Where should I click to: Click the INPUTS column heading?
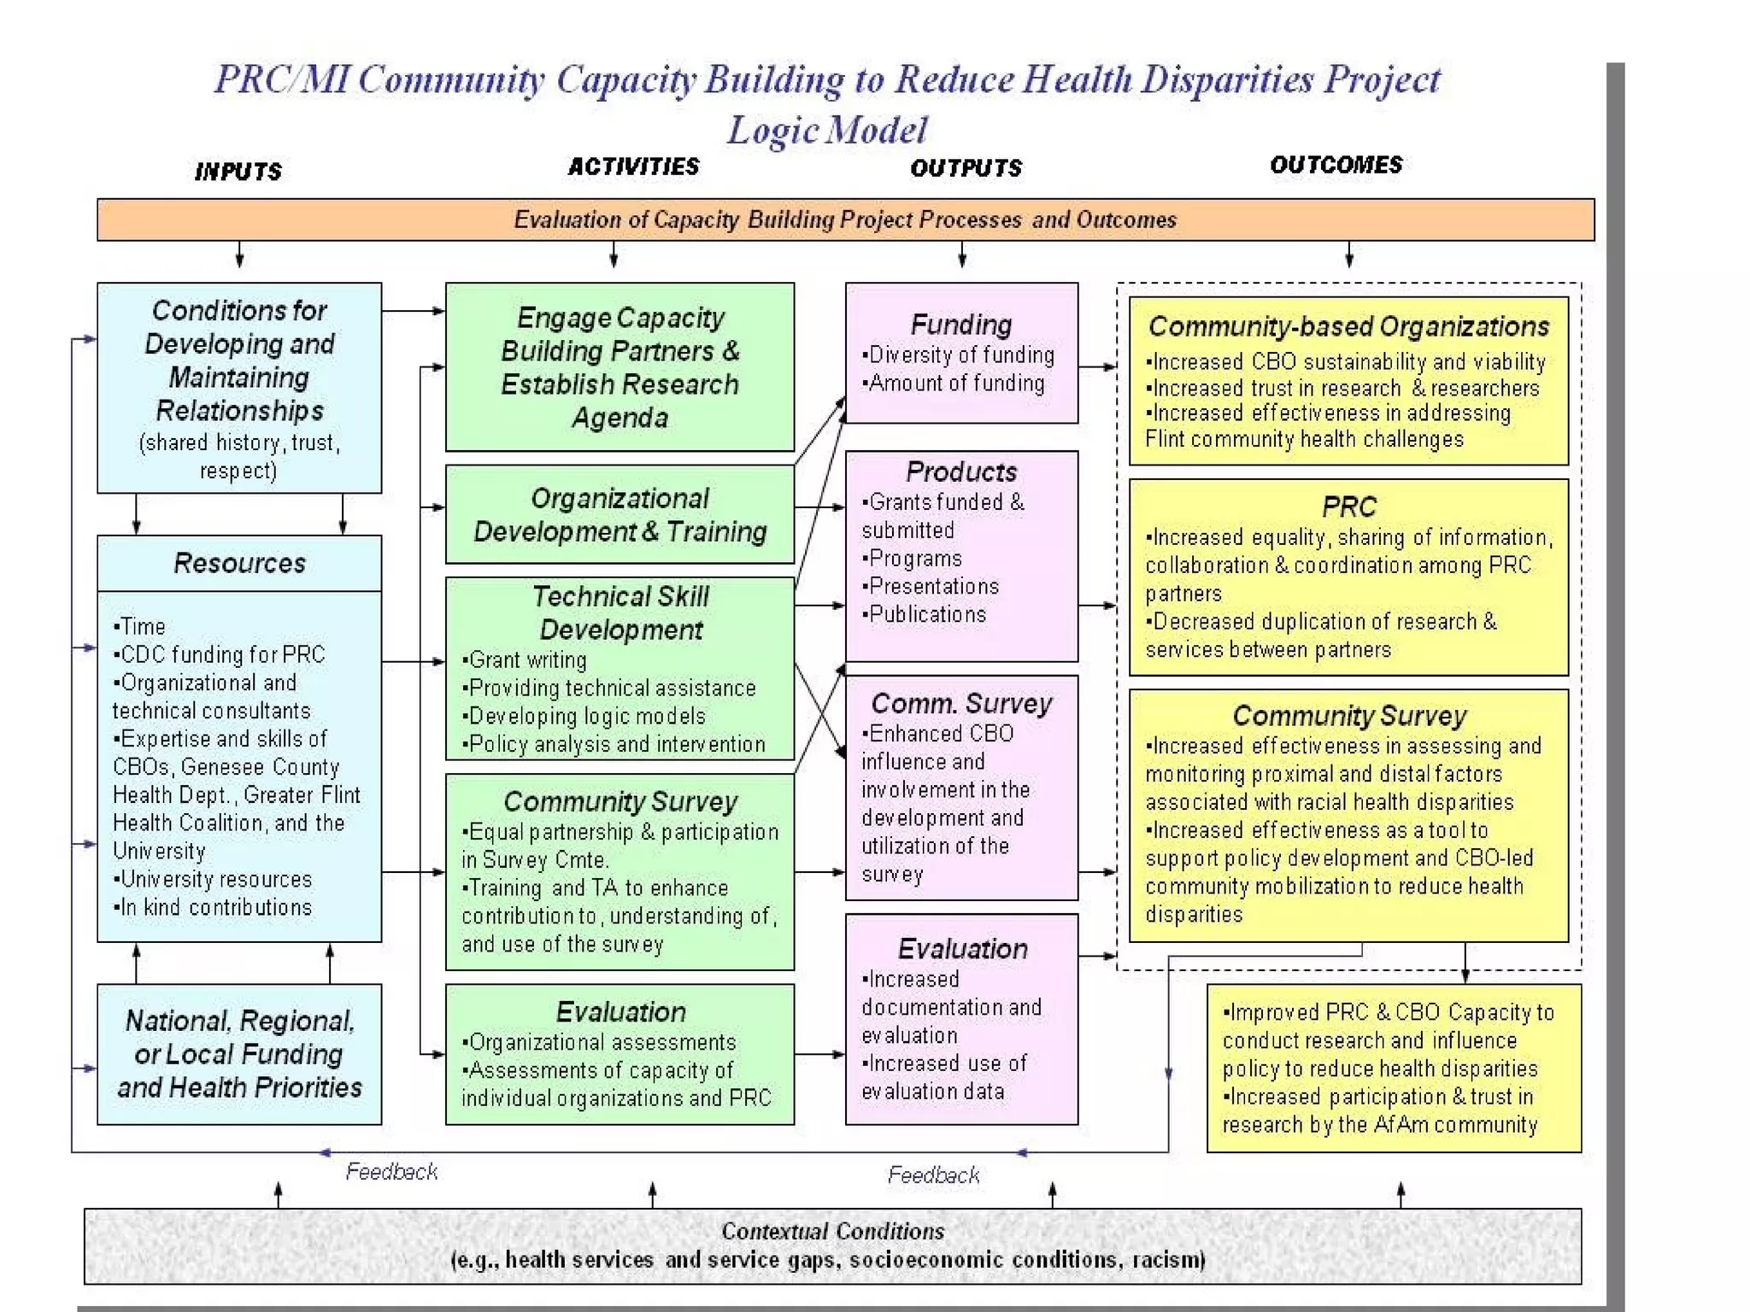(238, 172)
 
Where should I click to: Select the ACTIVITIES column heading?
(633, 167)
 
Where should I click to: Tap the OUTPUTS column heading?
(966, 168)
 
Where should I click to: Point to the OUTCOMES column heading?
(1336, 165)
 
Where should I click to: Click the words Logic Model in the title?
(826, 131)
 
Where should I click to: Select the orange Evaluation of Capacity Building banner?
(844, 220)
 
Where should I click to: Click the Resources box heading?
(239, 563)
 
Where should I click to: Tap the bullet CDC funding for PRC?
(222, 654)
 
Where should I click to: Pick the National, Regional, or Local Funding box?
(239, 1054)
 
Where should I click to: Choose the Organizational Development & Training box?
(620, 514)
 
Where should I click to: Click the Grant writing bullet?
(527, 659)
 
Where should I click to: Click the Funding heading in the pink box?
(961, 325)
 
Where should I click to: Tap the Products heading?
(961, 471)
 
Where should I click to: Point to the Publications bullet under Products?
(927, 614)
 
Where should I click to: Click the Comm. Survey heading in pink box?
(961, 703)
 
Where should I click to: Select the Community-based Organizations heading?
(1348, 326)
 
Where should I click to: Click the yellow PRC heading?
(1348, 507)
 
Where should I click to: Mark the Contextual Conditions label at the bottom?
(832, 1231)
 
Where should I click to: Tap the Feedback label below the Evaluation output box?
(933, 1175)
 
